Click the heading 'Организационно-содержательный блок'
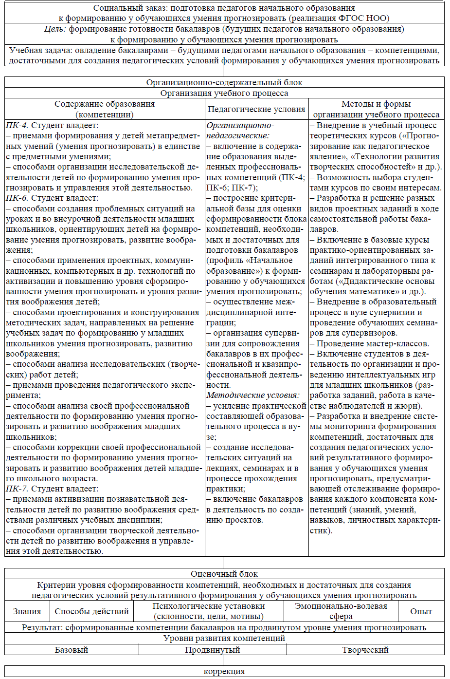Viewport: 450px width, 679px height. point(224,82)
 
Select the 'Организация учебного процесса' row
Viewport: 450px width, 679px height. point(224,93)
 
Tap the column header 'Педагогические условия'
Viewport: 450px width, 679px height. point(256,109)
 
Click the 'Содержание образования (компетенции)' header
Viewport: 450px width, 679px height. point(105,109)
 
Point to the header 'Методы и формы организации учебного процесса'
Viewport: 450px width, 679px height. point(376,109)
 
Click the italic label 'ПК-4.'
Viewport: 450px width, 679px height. point(17,126)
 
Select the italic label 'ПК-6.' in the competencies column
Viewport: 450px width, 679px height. point(17,198)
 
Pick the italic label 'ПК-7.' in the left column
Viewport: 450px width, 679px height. point(17,489)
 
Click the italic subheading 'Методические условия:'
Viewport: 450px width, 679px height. point(253,396)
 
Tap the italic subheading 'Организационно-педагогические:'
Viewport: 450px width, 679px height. point(240,131)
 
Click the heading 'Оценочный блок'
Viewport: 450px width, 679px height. point(224,574)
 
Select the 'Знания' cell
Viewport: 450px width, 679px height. point(27,611)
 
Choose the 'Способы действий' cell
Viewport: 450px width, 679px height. point(91,611)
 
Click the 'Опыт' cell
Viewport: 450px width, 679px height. point(421,611)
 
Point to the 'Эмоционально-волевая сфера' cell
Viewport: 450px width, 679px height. point(341,611)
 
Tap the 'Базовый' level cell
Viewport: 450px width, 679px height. point(72,650)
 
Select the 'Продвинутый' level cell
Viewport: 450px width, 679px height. point(213,650)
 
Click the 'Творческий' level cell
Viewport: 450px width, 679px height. point(365,650)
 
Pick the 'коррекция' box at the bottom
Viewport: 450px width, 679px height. point(224,671)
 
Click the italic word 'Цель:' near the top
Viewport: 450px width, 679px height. point(55,29)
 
